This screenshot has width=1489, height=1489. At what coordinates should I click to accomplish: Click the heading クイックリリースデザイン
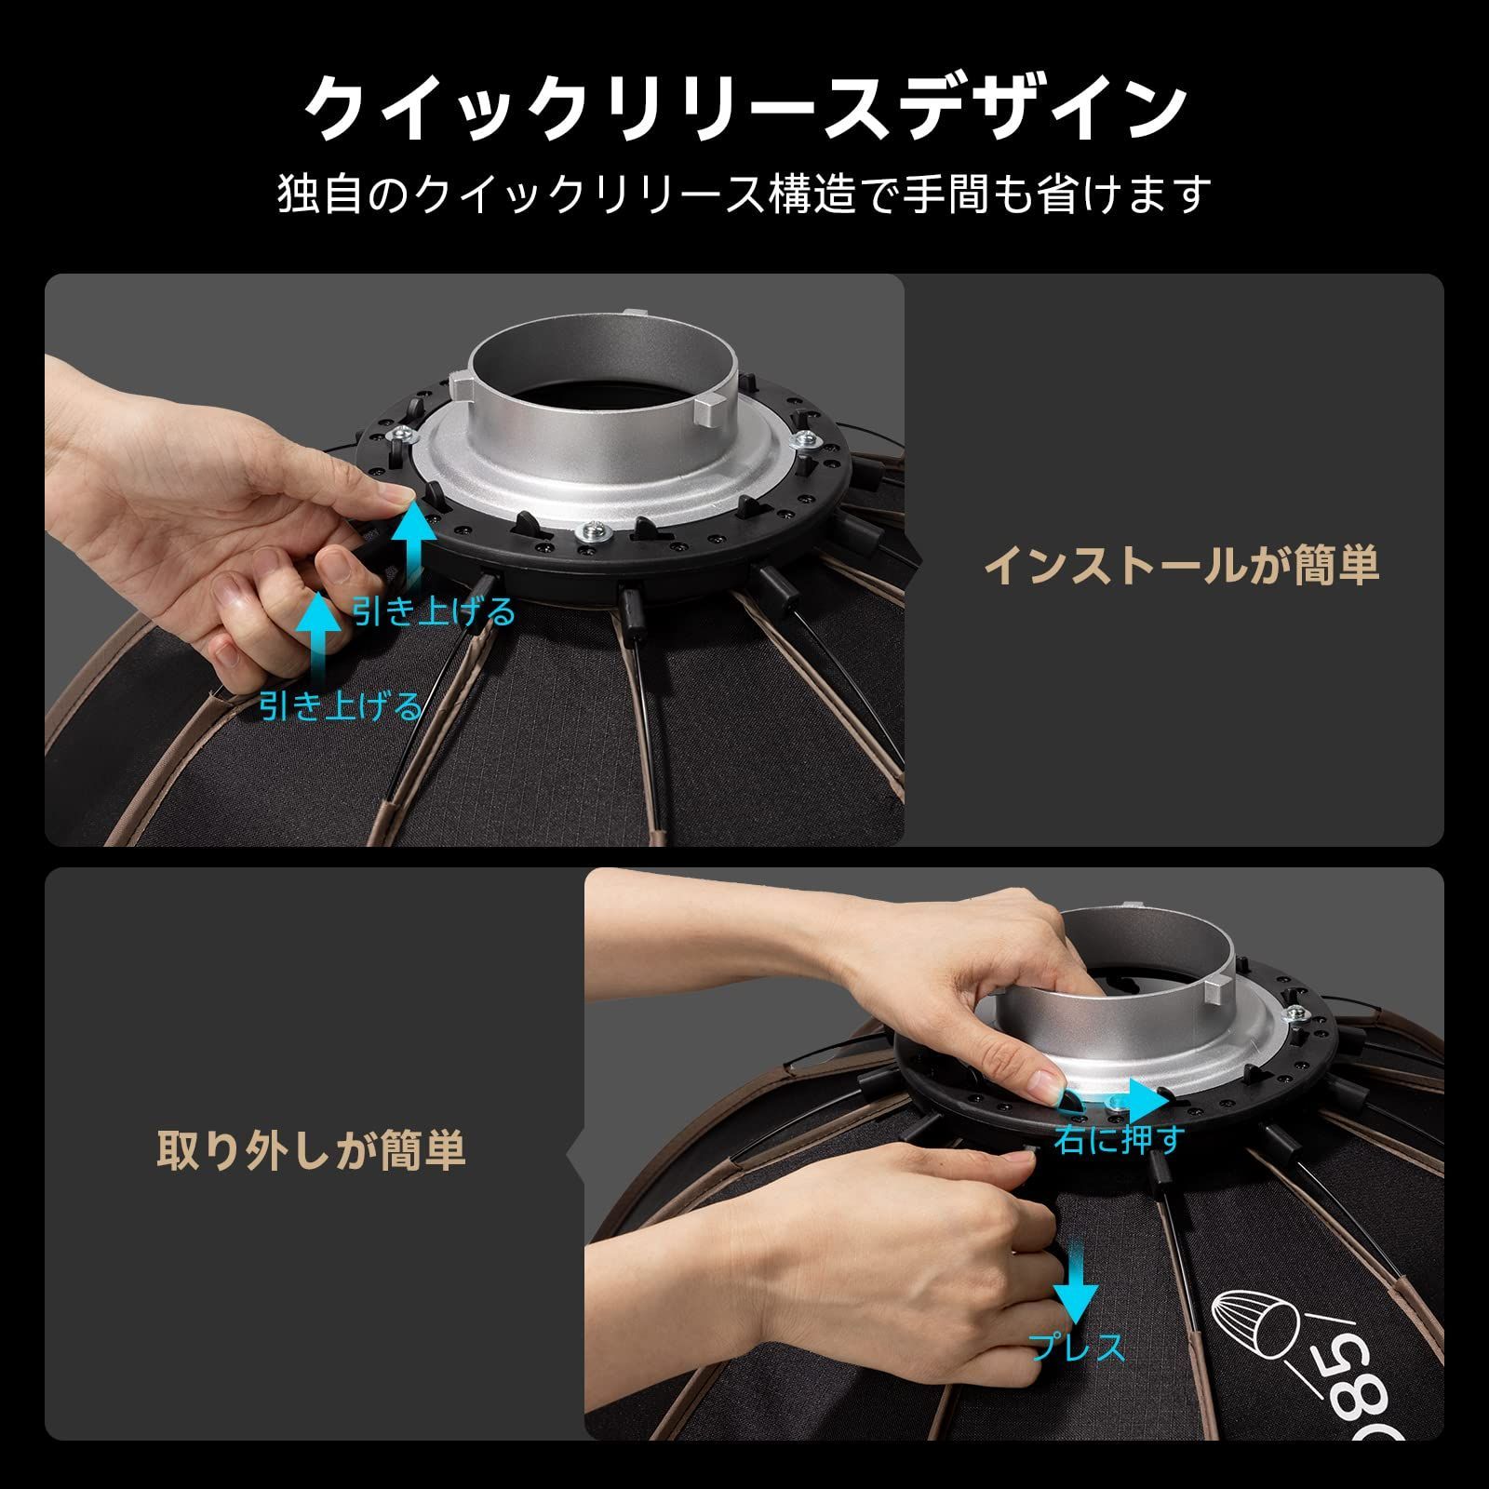[744, 109]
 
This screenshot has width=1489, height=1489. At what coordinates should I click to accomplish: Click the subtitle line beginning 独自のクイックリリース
[744, 195]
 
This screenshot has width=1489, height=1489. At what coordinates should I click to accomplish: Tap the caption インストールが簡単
[1181, 565]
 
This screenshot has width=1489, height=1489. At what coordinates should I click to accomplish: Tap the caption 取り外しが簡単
[311, 1150]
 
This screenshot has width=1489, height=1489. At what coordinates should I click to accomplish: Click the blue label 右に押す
[1120, 1138]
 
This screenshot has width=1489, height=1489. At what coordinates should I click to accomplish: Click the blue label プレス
[1077, 1348]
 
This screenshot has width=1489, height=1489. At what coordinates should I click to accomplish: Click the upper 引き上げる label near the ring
[434, 611]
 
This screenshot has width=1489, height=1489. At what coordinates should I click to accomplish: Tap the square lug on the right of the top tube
[709, 407]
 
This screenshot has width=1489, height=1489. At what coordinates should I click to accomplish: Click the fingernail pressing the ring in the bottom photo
[1046, 1083]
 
